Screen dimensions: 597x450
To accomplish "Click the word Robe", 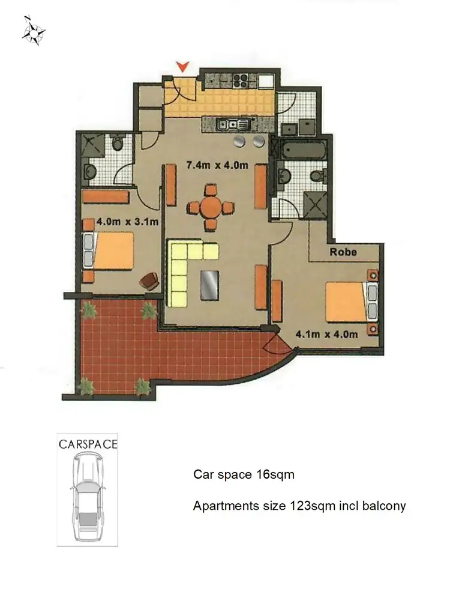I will (x=343, y=252).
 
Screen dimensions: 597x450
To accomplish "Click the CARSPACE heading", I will (x=88, y=445).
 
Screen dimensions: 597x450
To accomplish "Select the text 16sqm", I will (x=274, y=475).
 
